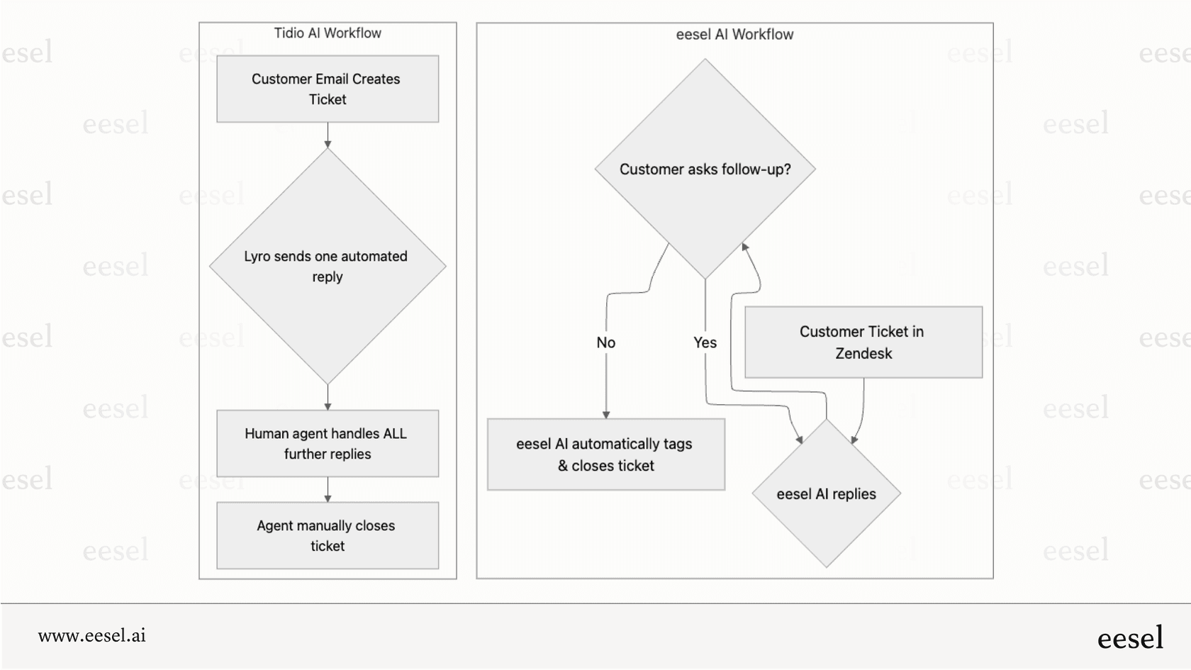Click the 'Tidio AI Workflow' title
(x=328, y=33)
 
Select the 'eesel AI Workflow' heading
(x=734, y=35)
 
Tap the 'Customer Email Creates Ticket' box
(x=328, y=89)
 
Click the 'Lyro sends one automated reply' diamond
(x=328, y=267)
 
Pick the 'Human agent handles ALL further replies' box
(x=328, y=444)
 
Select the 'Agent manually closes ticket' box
(x=328, y=536)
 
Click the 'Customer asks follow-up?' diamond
(x=705, y=169)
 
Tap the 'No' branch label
(x=606, y=343)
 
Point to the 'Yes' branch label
(x=705, y=343)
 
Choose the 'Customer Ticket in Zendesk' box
(x=863, y=342)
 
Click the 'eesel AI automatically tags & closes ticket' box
(x=605, y=454)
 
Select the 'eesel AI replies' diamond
(x=826, y=494)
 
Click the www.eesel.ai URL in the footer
(x=92, y=636)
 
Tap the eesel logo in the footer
(x=1130, y=638)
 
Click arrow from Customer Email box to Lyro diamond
(x=328, y=135)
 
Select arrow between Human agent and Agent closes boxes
(x=328, y=490)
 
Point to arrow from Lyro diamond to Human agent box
(x=328, y=398)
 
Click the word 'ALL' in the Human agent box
(x=394, y=434)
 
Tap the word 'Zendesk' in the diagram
(x=863, y=354)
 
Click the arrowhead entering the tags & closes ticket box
(x=606, y=415)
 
